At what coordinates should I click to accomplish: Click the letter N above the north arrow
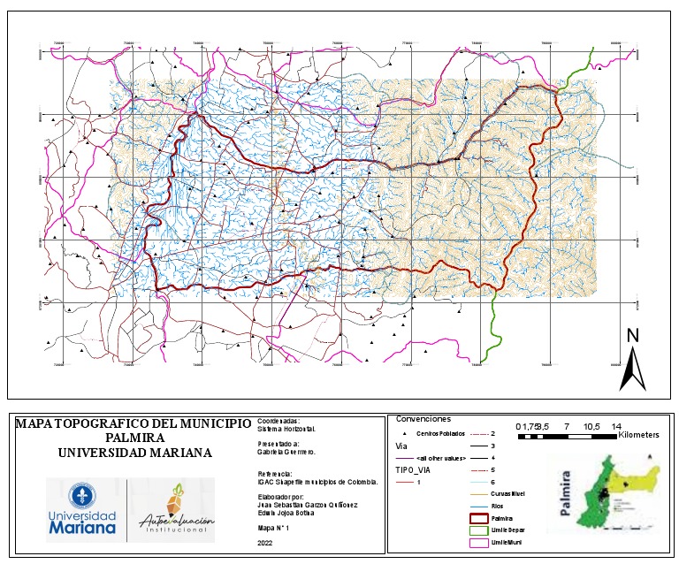[x=632, y=335]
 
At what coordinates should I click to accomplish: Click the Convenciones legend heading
[x=423, y=419]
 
